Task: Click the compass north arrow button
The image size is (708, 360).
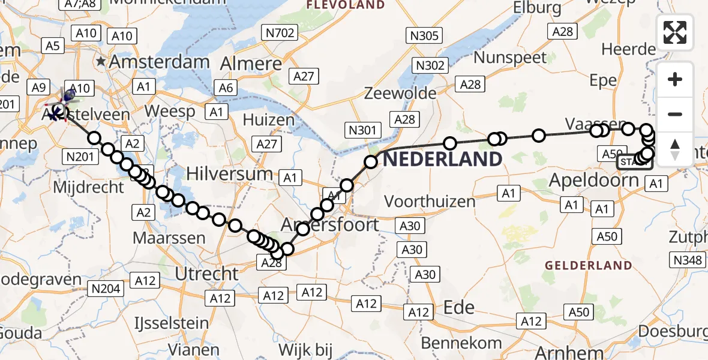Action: pos(675,149)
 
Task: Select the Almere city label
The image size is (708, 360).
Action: pos(251,64)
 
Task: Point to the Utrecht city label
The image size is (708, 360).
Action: pos(206,274)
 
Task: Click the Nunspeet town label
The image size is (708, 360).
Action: pos(510,58)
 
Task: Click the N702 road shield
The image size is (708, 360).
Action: pos(280,33)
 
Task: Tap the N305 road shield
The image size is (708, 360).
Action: pos(424,35)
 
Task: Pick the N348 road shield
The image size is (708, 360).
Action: pos(688,260)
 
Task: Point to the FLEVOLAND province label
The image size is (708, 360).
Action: pos(346,5)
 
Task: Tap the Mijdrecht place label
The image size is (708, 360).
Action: pos(88,187)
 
